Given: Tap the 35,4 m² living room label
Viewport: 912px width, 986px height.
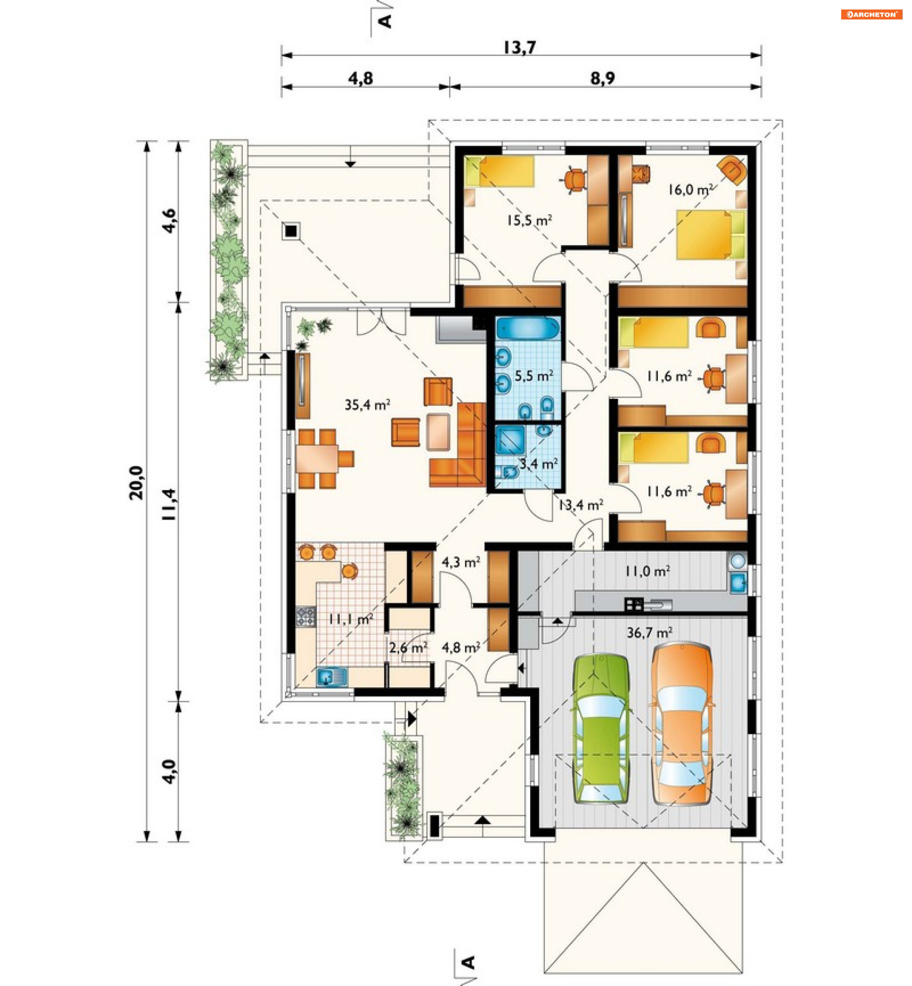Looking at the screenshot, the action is point(367,405).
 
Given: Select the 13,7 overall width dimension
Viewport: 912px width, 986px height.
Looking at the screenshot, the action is point(520,47).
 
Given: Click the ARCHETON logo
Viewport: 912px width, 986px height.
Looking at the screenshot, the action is point(872,14).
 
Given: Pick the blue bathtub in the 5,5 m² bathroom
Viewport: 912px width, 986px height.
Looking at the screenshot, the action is point(528,328).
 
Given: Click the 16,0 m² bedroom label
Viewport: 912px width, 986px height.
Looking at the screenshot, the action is point(691,190).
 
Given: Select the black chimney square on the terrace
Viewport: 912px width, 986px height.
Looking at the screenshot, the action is point(291,230).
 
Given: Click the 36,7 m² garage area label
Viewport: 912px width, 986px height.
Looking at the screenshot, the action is point(649,632).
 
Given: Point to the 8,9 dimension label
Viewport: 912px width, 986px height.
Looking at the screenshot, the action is point(603,78).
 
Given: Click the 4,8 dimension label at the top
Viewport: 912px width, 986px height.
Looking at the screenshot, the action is point(361,78).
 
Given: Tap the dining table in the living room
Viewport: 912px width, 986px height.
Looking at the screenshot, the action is point(317,459).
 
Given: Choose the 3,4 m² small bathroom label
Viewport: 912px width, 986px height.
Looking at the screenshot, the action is point(539,464).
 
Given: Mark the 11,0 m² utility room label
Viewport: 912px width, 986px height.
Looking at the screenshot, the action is point(647,571).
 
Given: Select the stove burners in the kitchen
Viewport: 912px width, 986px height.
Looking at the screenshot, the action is point(305,616).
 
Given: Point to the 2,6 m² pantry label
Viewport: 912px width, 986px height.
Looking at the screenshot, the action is point(408,647).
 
